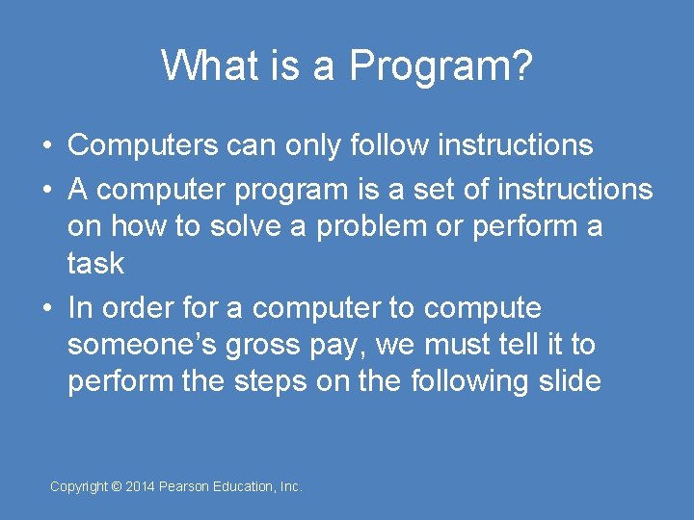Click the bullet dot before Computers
(46, 146)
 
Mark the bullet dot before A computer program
(46, 191)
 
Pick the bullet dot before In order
(46, 309)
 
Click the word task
(95, 263)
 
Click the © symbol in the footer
(117, 487)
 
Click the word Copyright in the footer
(79, 487)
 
